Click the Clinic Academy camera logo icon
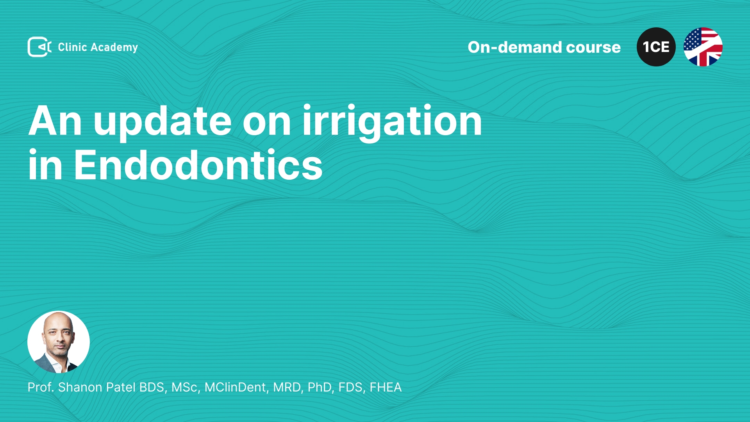click(x=39, y=47)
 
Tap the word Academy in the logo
click(x=114, y=48)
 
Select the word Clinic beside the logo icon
click(x=72, y=47)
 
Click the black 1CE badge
click(x=656, y=47)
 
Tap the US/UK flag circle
click(x=703, y=47)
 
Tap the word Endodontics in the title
click(x=198, y=165)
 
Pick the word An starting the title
click(x=55, y=121)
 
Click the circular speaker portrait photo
click(x=59, y=342)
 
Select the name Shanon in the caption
click(x=80, y=387)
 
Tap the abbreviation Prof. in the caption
click(x=41, y=387)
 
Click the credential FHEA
click(x=386, y=387)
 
